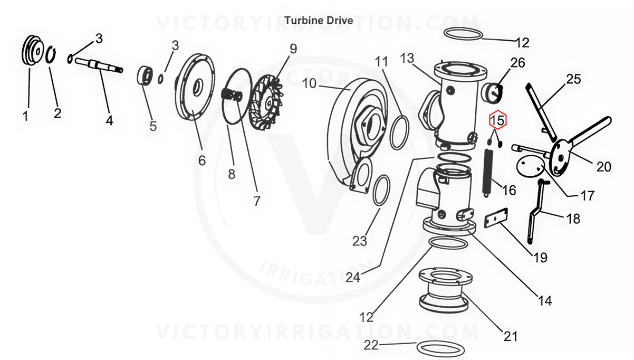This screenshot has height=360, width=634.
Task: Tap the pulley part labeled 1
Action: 35,51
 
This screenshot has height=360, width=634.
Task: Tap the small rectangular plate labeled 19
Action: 496,217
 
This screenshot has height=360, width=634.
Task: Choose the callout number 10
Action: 310,83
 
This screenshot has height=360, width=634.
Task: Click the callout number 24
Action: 352,276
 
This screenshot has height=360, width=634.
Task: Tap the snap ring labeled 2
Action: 52,56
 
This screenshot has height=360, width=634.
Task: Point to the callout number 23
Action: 360,241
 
